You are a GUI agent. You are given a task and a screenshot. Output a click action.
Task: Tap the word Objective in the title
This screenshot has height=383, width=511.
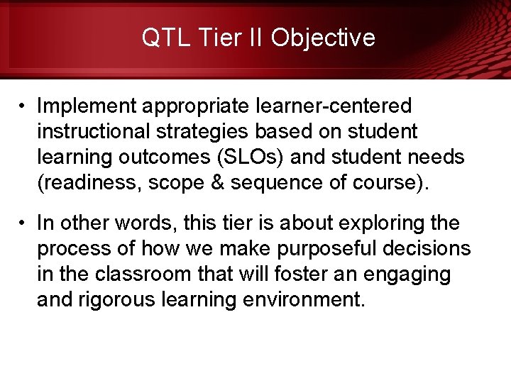[x=323, y=37]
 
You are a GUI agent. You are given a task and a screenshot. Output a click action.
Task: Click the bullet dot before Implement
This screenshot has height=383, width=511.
[x=23, y=106]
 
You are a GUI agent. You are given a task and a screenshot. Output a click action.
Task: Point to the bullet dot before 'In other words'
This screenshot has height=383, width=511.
[x=23, y=223]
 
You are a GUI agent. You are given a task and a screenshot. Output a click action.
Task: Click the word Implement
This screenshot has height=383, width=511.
[x=87, y=106]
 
